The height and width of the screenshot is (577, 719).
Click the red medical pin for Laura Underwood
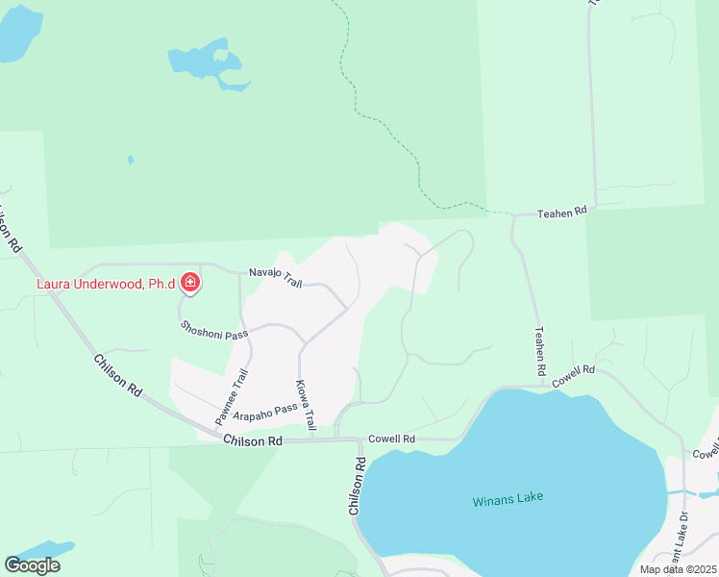(x=190, y=283)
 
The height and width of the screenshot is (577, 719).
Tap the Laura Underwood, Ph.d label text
(x=106, y=284)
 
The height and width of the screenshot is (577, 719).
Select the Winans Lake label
(x=508, y=498)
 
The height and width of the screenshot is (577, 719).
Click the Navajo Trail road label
(x=276, y=278)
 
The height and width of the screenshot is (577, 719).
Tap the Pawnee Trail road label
(x=232, y=397)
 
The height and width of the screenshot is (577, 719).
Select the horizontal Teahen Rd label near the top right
(x=561, y=212)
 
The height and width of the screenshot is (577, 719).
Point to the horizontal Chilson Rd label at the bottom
(x=253, y=440)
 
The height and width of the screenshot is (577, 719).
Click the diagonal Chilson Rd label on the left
(x=118, y=376)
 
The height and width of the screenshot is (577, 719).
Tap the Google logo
(x=33, y=565)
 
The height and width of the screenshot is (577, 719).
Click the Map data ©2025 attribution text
(x=678, y=569)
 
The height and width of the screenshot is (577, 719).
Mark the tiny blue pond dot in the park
(x=131, y=160)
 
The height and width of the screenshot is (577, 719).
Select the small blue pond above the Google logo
(x=43, y=551)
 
